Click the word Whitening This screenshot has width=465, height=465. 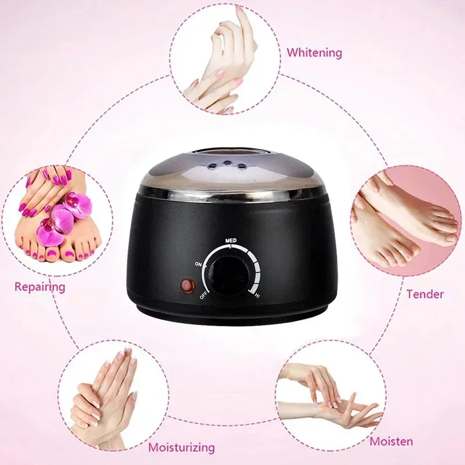click(314, 53)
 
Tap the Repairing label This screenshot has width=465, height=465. click(40, 287)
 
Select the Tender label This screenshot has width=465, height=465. click(424, 294)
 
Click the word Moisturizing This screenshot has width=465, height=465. click(181, 448)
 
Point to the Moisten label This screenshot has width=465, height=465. click(393, 441)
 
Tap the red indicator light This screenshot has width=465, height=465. click(187, 286)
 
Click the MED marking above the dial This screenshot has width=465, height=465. click(230, 238)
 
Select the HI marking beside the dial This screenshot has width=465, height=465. click(256, 296)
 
